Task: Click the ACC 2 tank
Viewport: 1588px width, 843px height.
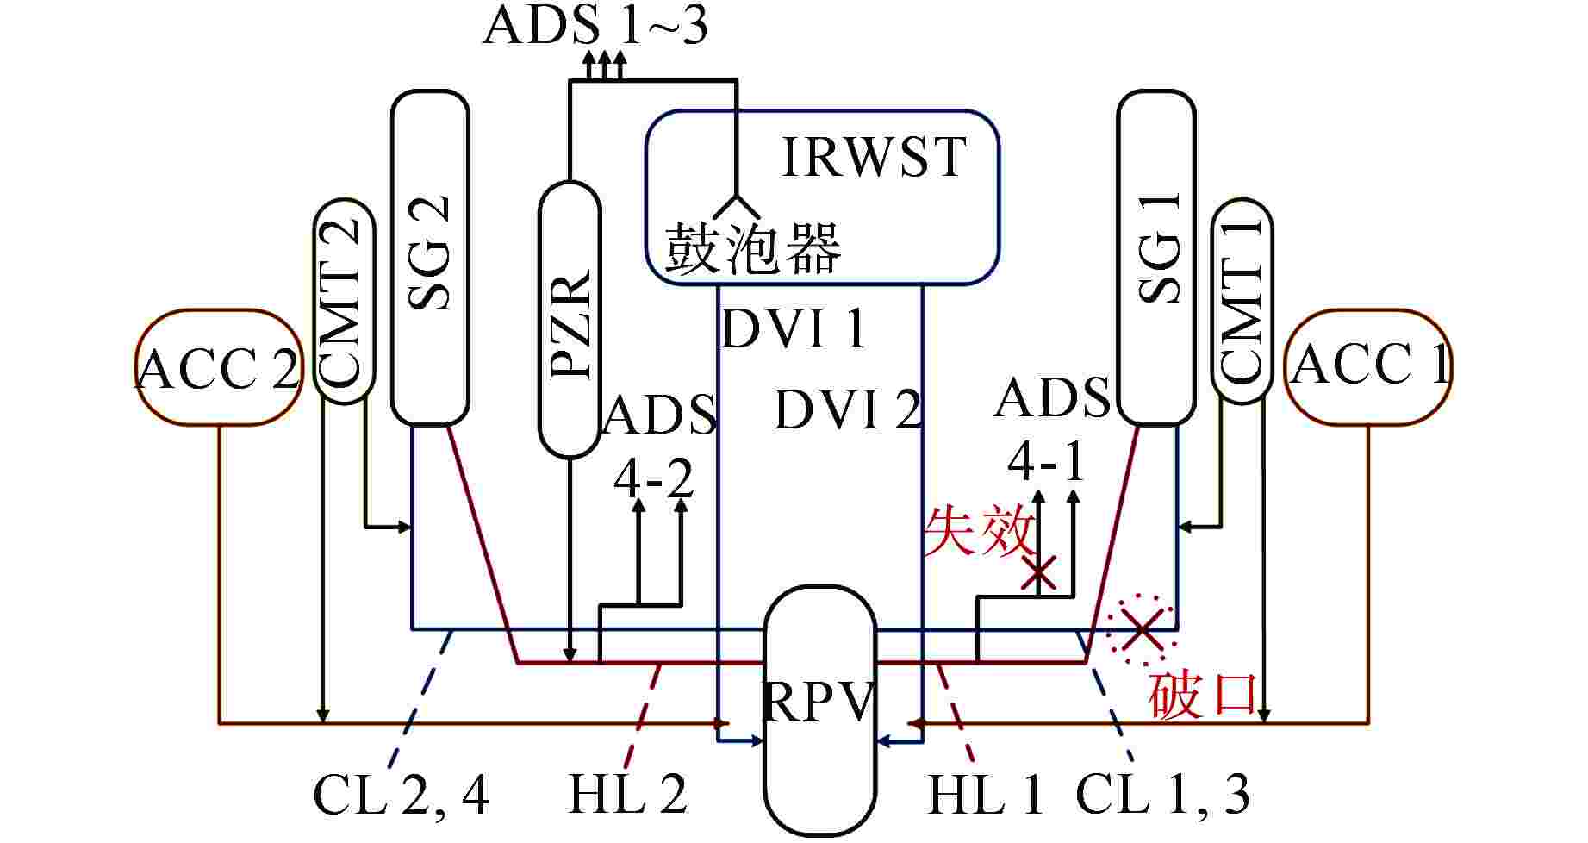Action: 219,368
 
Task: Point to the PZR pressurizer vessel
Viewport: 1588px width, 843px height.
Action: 570,319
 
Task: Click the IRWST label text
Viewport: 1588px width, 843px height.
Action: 873,157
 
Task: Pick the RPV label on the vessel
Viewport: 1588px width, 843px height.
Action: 819,705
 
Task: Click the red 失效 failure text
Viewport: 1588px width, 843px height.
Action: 977,531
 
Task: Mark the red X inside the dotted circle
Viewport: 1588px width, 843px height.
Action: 1142,629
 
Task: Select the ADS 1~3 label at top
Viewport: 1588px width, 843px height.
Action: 595,26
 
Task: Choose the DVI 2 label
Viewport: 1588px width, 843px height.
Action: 848,409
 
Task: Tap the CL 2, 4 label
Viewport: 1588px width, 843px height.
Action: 401,795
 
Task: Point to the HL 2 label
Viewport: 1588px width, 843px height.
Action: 627,795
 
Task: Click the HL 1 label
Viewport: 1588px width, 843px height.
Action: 986,795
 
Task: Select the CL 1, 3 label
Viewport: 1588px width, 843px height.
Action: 1162,795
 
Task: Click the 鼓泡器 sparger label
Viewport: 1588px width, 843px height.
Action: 752,249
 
